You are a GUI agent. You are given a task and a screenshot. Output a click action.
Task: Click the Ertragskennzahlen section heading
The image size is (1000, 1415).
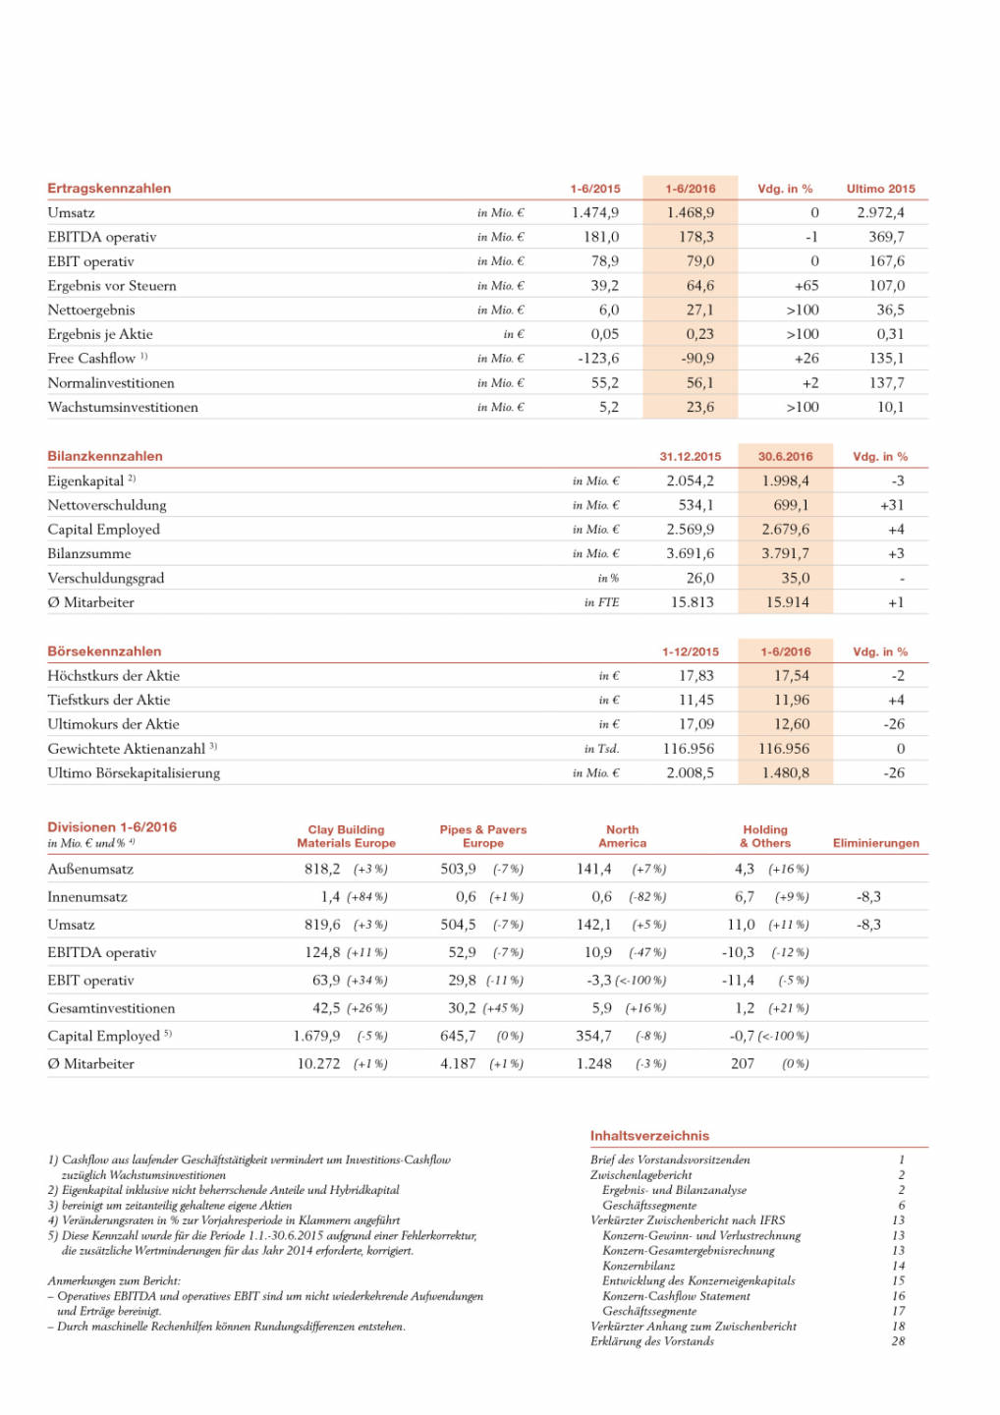[109, 189]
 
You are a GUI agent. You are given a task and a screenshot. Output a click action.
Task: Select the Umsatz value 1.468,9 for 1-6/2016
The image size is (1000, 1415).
[690, 212]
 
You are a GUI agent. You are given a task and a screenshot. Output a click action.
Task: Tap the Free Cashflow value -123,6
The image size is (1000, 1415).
[598, 359]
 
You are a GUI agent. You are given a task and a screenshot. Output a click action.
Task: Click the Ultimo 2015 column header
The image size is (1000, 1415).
[880, 189]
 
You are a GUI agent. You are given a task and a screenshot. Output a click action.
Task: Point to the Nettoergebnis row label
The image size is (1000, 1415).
[91, 311]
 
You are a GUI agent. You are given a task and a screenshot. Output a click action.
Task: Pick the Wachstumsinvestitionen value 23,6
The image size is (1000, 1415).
[699, 407]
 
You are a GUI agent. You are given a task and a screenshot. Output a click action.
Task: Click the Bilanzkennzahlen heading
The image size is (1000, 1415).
[105, 456]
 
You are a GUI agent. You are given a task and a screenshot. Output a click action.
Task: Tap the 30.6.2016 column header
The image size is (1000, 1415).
[785, 457]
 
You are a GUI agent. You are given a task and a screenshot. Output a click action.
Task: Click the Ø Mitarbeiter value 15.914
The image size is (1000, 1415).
[787, 602]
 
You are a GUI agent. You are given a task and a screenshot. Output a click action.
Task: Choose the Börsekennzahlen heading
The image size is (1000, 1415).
[104, 651]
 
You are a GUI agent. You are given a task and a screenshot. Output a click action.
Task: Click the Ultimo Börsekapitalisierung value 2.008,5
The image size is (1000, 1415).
[690, 773]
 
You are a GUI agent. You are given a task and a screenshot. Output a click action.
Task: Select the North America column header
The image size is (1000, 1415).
[622, 836]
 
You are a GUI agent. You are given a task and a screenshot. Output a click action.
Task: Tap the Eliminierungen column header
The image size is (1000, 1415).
[875, 843]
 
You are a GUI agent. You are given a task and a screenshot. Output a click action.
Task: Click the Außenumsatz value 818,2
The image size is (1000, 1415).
[322, 870]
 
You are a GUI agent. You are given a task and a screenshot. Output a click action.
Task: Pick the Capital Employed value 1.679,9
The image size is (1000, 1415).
[316, 1037]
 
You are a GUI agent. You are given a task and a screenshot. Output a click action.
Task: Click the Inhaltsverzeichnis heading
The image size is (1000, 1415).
[649, 1136]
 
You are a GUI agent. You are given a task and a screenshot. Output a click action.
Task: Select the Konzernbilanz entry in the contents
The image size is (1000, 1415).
[639, 1266]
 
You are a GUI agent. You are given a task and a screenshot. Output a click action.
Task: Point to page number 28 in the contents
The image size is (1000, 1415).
[898, 1341]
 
